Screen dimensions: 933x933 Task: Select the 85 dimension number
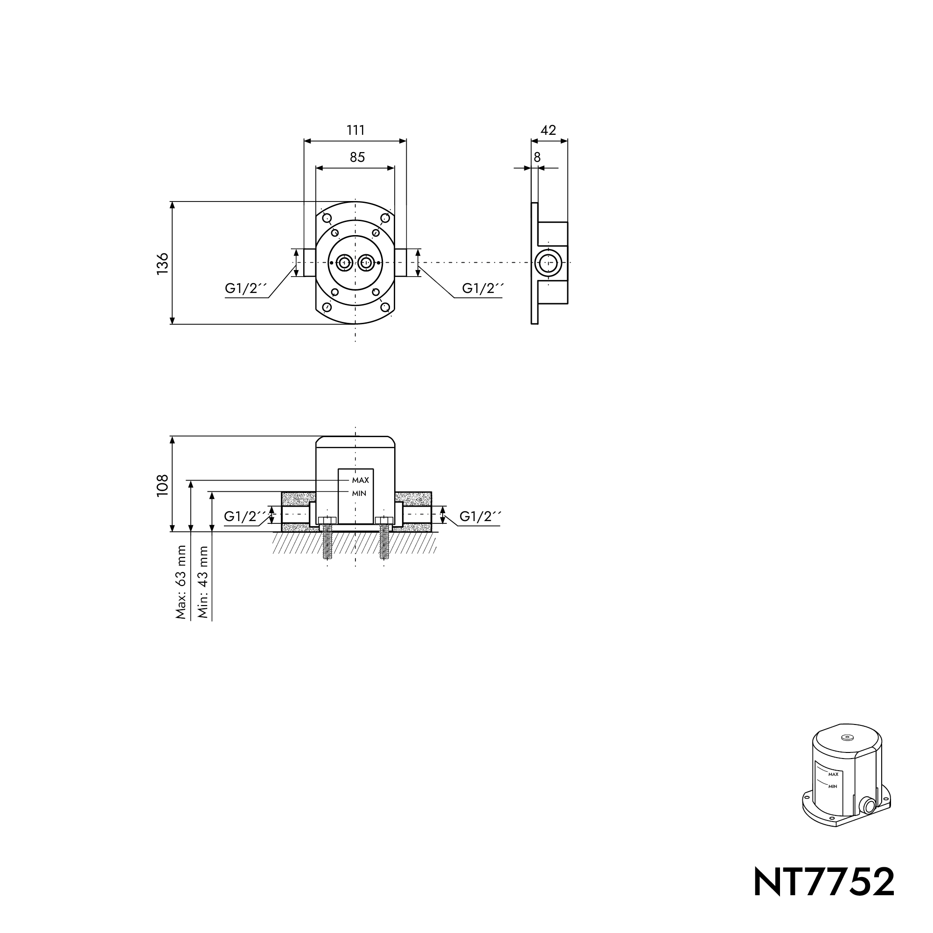(x=357, y=157)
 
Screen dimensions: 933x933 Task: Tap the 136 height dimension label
(x=163, y=263)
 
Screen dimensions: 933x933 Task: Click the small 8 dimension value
(x=537, y=157)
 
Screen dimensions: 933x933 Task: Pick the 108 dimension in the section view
(x=163, y=484)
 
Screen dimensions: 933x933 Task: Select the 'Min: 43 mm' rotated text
(x=203, y=582)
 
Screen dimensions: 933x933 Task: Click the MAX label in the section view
(x=360, y=480)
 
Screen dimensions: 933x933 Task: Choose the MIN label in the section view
(x=359, y=493)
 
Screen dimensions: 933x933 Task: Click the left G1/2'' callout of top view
(x=246, y=288)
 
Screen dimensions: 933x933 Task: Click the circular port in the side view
(x=549, y=263)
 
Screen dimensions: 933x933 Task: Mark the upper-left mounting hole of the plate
(x=327, y=218)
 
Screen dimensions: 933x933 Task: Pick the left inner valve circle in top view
(x=344, y=263)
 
